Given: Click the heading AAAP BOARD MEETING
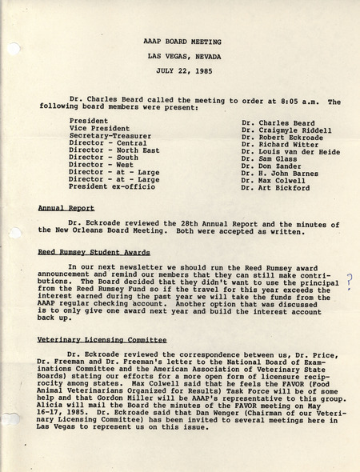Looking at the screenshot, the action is [x=183, y=41].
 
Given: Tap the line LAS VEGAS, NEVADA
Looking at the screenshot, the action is [x=183, y=56].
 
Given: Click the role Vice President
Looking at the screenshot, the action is [x=99, y=128].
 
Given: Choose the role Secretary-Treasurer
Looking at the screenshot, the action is [x=110, y=136].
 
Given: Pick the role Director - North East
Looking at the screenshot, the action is [x=114, y=150].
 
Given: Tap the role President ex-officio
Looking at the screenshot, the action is [x=110, y=188].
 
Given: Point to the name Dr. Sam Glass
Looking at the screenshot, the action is [x=270, y=158].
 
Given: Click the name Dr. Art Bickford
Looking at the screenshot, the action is [x=275, y=188].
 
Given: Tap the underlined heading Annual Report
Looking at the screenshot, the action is [x=66, y=207].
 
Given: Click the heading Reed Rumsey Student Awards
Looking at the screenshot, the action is [x=94, y=252].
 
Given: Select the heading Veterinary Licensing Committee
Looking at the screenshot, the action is [x=102, y=340].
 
